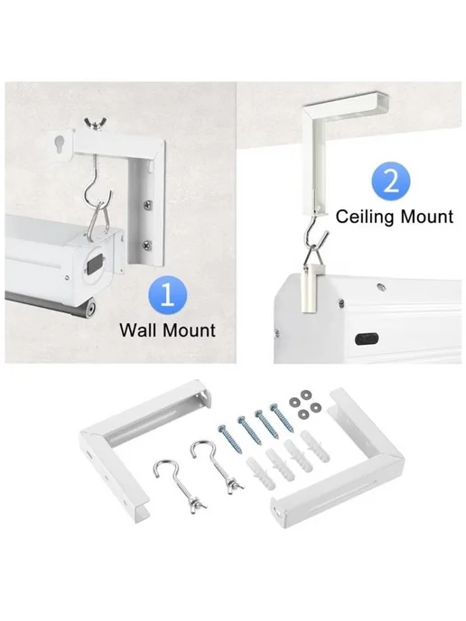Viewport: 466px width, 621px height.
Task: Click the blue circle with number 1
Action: pos(168,295)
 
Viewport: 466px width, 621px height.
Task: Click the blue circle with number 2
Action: pos(391,181)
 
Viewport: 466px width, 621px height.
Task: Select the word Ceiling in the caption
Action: pos(365,217)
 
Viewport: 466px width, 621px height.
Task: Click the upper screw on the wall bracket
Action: pos(147,204)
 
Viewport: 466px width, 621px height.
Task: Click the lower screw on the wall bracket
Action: pos(146,245)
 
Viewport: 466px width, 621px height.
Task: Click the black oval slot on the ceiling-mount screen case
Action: pos(367,339)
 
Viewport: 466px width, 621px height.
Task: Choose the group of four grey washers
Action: pos(304,404)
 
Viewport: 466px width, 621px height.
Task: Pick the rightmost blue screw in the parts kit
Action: pos(282,418)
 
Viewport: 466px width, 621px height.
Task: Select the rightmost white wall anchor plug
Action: pos(315,447)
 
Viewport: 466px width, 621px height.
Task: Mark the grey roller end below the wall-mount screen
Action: pos(90,309)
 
